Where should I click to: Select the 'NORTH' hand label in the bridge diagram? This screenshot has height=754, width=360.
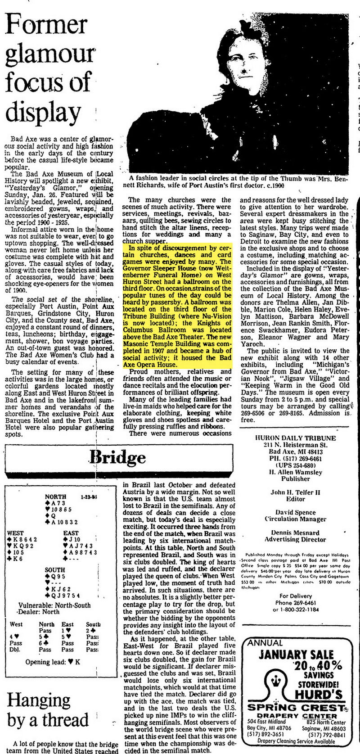(x=56, y=497)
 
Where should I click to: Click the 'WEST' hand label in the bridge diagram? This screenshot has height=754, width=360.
(x=16, y=533)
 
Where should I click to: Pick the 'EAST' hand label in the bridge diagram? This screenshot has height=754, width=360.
(x=71, y=533)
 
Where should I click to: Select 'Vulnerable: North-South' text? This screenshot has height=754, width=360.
(x=54, y=605)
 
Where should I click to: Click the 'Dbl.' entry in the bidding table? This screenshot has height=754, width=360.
(x=15, y=650)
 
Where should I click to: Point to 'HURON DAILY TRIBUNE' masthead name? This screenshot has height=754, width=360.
(x=295, y=438)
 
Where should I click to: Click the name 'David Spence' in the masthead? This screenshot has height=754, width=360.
(x=295, y=512)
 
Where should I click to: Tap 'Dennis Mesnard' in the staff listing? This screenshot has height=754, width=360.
(x=295, y=533)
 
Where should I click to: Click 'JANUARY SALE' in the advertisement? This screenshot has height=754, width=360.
(x=296, y=655)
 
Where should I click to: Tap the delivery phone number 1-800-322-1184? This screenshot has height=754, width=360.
(x=296, y=610)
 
